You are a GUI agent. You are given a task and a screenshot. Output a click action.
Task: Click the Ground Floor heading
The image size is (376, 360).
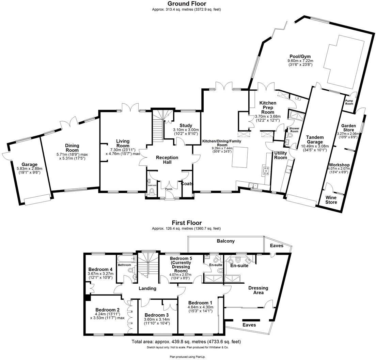coord(186,4)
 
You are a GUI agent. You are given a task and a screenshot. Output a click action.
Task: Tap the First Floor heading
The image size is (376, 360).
coord(186,223)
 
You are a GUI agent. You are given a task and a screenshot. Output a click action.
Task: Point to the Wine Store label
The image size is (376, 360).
coord(331,200)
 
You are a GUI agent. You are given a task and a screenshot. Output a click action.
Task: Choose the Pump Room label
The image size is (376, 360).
coord(349,102)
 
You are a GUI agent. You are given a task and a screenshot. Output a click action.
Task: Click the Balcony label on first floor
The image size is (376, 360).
coord(226,241)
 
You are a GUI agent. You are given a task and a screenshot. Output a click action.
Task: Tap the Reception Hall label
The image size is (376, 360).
coord(167,160)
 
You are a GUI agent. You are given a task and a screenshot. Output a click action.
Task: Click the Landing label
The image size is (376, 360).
coord(147,288)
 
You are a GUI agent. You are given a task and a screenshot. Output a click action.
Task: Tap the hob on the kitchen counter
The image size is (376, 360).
coord(265,170)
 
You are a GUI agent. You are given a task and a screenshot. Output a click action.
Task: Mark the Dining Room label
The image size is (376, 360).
coord(72,148)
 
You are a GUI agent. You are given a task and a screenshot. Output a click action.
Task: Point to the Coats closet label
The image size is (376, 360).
coord(187,183)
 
